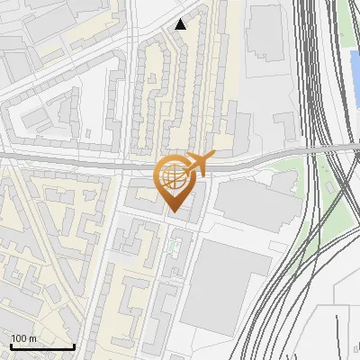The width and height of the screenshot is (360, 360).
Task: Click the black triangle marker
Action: (x=181, y=24)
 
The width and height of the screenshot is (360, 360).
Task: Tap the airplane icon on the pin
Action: (x=198, y=164)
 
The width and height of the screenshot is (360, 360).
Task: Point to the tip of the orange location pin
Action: (x=173, y=212)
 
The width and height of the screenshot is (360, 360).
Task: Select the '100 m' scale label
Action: (x=23, y=337)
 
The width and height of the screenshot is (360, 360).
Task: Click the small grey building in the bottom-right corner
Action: (x=346, y=333)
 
